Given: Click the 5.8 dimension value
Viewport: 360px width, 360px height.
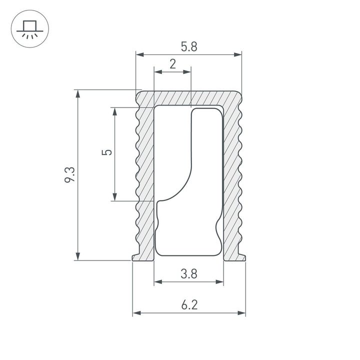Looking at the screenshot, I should (189, 46).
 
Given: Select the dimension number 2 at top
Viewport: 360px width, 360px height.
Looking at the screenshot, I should (172, 64).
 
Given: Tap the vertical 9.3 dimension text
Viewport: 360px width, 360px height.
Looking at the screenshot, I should (69, 175).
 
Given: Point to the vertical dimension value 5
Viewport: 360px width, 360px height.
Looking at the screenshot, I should (105, 153).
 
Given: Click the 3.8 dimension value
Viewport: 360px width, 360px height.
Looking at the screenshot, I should (189, 273).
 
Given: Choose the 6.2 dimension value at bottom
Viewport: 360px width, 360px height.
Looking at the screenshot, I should (189, 304).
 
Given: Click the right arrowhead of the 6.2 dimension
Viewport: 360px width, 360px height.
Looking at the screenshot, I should (242, 313).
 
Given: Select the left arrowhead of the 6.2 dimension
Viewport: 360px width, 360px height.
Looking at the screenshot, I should (136, 313).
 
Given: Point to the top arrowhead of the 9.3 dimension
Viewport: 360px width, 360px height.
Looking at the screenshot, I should (77, 93).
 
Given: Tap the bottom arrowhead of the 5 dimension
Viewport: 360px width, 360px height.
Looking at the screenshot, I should (115, 197).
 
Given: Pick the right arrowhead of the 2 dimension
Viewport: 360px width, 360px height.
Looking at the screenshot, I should (188, 72).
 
